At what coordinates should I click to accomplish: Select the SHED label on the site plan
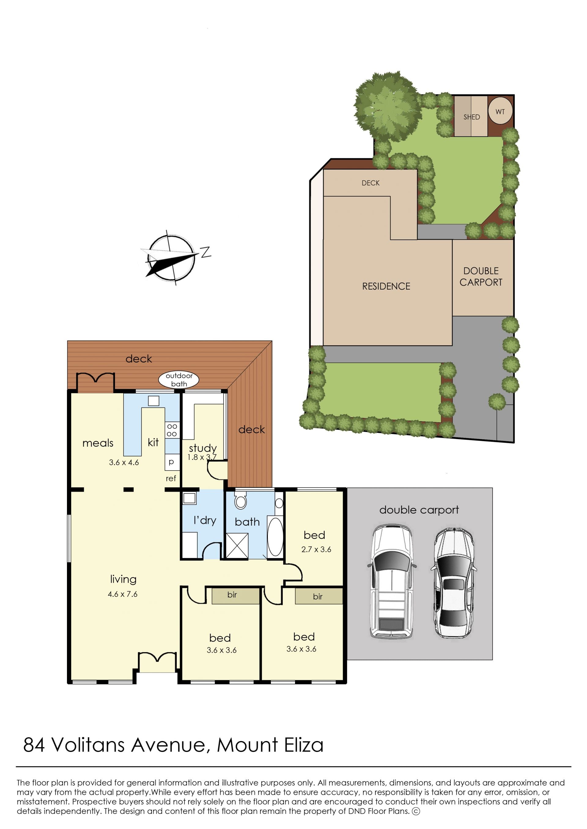(x=471, y=117)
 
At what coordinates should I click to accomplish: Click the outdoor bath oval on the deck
(x=179, y=380)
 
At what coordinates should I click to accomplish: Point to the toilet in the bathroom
(x=240, y=500)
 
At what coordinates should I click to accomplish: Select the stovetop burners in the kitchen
(x=172, y=430)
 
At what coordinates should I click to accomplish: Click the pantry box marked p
(x=172, y=462)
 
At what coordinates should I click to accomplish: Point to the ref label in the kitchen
(x=171, y=478)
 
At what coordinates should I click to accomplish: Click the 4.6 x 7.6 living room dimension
(x=123, y=594)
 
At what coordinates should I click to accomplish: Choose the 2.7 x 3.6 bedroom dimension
(x=316, y=549)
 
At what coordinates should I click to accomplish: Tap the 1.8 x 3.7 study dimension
(x=202, y=457)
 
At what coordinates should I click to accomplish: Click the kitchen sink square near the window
(x=153, y=401)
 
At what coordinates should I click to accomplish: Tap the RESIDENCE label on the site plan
(x=386, y=286)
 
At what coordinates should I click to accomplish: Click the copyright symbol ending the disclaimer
(x=416, y=811)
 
